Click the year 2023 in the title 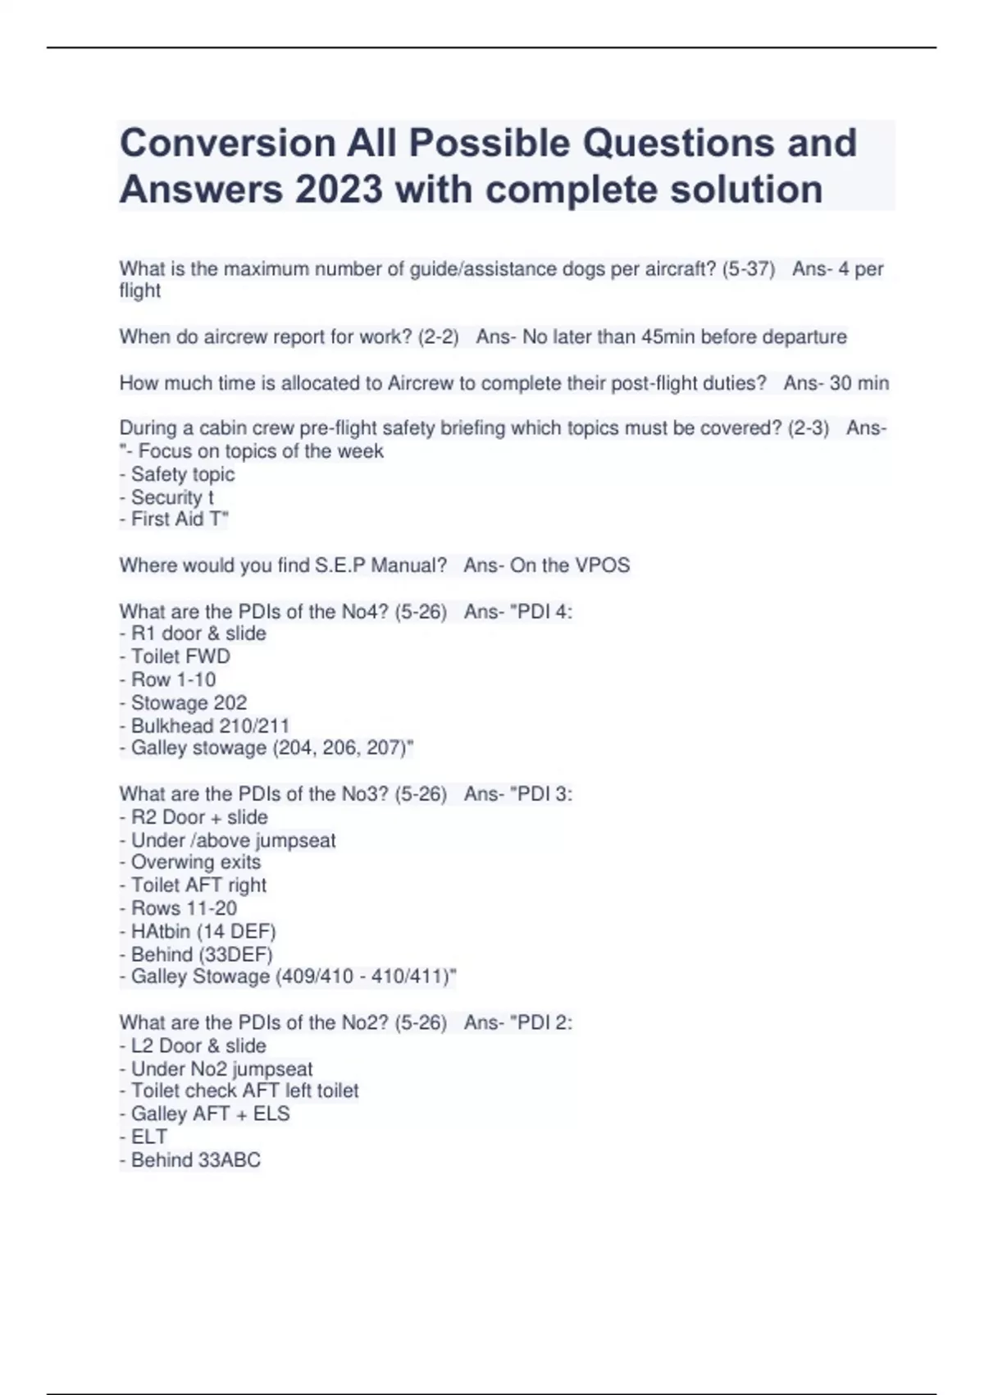tap(339, 190)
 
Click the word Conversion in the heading tap(227, 144)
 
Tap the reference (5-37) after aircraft tap(748, 269)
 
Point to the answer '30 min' tap(859, 383)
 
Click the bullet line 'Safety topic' tap(182, 474)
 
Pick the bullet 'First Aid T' tap(179, 519)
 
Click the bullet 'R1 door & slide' tap(198, 633)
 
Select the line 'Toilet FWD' tap(180, 656)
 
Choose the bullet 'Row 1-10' tap(173, 679)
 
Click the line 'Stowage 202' tap(189, 702)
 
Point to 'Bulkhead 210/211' tap(210, 725)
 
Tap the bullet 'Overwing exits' tap(195, 862)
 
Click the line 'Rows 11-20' tap(184, 908)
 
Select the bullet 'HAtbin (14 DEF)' tap(203, 931)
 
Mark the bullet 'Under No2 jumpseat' tap(221, 1069)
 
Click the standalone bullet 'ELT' tap(148, 1137)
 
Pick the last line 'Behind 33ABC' tap(195, 1160)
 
